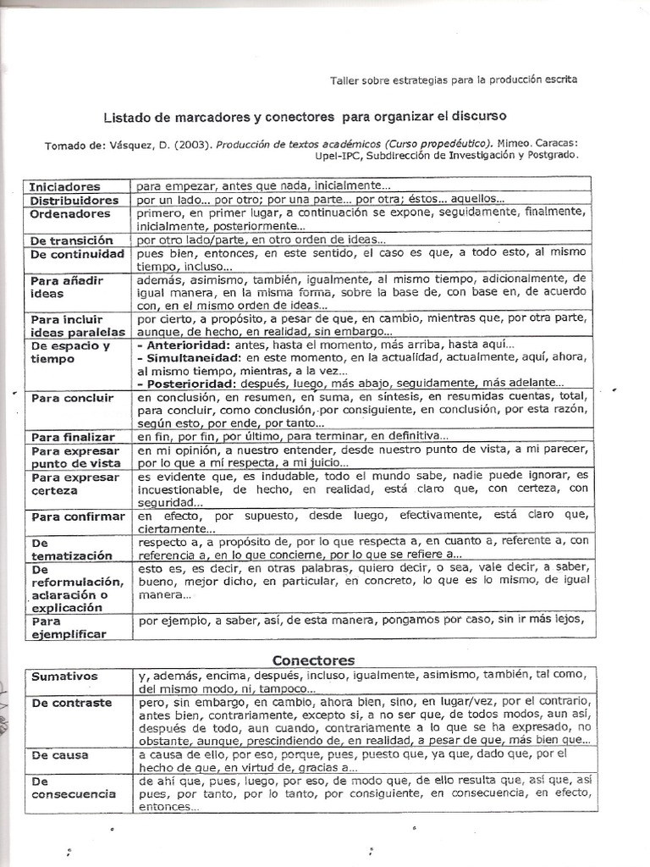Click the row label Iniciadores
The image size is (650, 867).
pyautogui.click(x=65, y=186)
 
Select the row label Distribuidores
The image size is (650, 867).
pyautogui.click(x=74, y=201)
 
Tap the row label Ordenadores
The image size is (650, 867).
pyautogui.click(x=69, y=214)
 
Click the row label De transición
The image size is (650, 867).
pyautogui.click(x=71, y=240)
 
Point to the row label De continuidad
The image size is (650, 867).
pyautogui.click(x=77, y=254)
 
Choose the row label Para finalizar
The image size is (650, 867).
pyautogui.click(x=73, y=437)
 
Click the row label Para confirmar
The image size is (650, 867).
pyautogui.click(x=78, y=516)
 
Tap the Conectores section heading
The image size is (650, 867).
pyautogui.click(x=313, y=660)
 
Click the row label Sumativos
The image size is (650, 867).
pyautogui.click(x=65, y=676)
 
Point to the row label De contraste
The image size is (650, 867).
pyautogui.click(x=72, y=703)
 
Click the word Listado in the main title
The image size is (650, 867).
pyautogui.click(x=128, y=114)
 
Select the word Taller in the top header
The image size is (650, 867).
pyautogui.click(x=344, y=80)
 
